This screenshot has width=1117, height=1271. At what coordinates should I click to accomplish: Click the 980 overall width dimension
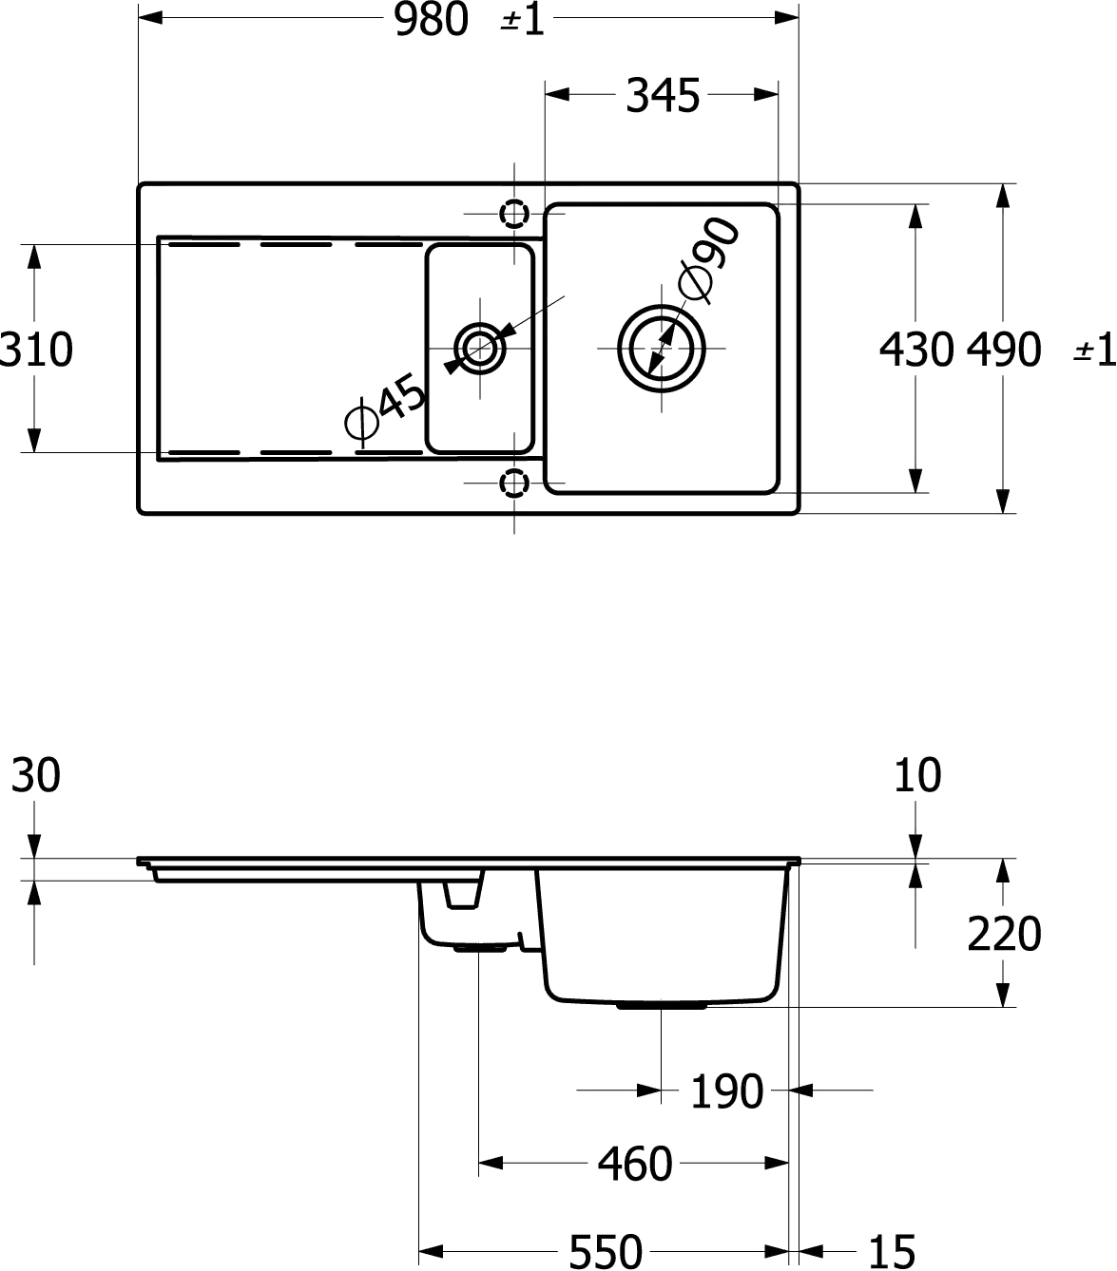(x=432, y=20)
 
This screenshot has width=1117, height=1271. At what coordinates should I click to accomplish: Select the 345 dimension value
(x=663, y=96)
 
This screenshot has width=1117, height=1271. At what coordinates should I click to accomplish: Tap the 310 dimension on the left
(x=36, y=350)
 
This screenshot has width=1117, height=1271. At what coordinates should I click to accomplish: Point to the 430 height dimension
(x=916, y=350)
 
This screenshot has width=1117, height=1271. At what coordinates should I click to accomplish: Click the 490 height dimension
(x=1003, y=350)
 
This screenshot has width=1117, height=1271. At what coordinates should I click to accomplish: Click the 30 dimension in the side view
(x=36, y=776)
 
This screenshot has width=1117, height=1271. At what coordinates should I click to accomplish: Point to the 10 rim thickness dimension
(x=916, y=776)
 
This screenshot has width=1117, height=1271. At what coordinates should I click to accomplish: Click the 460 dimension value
(x=635, y=1165)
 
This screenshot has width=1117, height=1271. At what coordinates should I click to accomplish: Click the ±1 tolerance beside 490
(x=1094, y=351)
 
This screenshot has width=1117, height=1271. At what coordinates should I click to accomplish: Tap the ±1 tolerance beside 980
(x=523, y=21)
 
